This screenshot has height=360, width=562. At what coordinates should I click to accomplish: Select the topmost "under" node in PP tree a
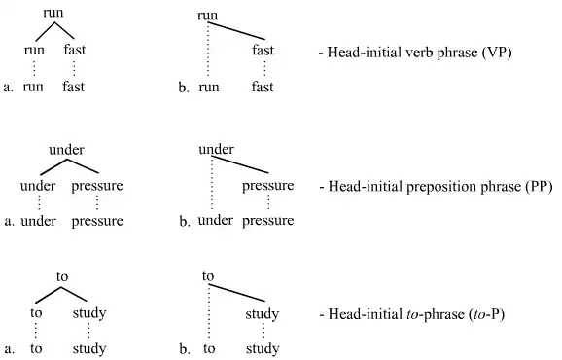point(66,149)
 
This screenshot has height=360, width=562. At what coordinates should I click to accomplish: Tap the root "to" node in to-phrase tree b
point(208,276)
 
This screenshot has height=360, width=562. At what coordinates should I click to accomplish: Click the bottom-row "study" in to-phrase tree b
point(263,349)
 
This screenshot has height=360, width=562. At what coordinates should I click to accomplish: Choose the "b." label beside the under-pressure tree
point(184,222)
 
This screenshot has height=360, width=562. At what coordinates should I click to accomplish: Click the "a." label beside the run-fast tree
point(9,87)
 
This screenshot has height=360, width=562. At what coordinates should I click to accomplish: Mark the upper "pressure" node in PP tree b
point(267,185)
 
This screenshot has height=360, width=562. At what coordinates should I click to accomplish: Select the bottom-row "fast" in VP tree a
point(74,87)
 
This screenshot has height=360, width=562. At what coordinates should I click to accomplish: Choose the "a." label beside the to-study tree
point(9,349)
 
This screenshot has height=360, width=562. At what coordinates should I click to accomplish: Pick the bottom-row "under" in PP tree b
point(216,221)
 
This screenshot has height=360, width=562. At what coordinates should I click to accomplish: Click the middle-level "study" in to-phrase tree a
point(89,313)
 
